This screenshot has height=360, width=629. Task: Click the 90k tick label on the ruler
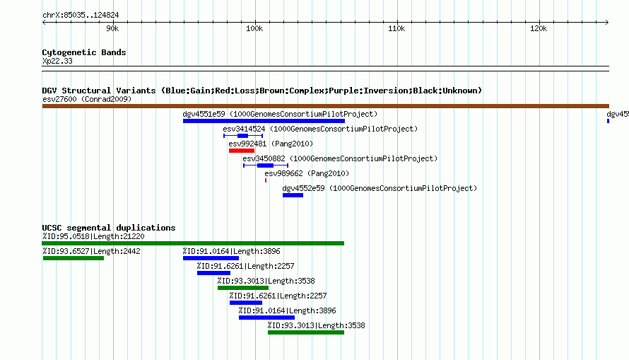click(112, 28)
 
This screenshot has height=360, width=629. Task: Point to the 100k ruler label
click(254, 28)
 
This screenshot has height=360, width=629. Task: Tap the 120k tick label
click(539, 28)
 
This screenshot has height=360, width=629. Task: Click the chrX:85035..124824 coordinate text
click(81, 16)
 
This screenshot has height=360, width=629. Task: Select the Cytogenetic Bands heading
click(84, 52)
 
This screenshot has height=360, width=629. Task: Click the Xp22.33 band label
click(57, 61)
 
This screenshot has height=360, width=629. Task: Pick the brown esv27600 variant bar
click(325, 106)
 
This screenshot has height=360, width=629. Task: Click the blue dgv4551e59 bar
click(264, 121)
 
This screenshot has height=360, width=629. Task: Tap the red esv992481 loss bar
click(242, 151)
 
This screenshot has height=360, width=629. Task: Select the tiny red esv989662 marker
click(266, 180)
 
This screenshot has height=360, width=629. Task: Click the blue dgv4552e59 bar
click(293, 195)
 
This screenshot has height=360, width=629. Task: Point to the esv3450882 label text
click(264, 158)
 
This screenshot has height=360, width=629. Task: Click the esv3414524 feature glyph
click(243, 136)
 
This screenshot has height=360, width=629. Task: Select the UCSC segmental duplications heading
click(109, 228)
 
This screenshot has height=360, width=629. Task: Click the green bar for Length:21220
click(193, 243)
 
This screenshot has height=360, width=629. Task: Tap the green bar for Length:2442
click(74, 258)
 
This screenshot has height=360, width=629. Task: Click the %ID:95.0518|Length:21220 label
click(93, 236)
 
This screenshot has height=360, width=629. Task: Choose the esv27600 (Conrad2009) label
click(87, 99)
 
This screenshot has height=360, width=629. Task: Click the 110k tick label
click(396, 28)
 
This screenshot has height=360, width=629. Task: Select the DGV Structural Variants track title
click(262, 91)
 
